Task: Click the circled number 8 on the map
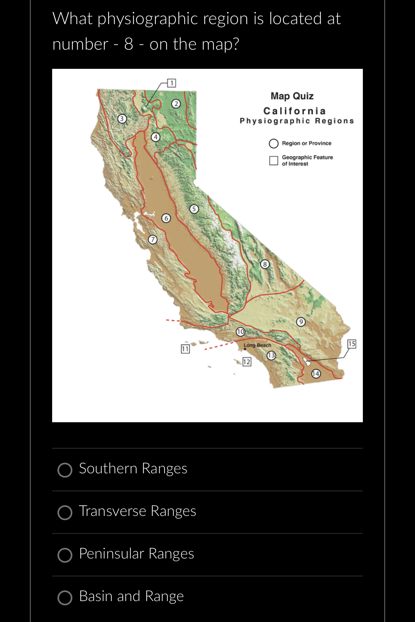(x=265, y=264)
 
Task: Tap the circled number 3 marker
(x=122, y=119)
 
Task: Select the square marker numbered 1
(x=171, y=83)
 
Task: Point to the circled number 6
(x=166, y=218)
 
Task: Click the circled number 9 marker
(x=301, y=322)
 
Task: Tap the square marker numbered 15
(x=352, y=343)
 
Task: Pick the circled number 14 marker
(x=316, y=374)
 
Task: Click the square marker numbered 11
(x=185, y=349)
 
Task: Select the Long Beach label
(x=258, y=345)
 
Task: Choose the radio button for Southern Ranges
(x=65, y=470)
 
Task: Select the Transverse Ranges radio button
(x=65, y=512)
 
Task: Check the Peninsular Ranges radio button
(x=65, y=555)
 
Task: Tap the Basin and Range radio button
(x=65, y=598)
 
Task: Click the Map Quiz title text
(x=292, y=96)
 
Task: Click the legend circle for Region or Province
(x=273, y=143)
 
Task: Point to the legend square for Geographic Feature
(x=273, y=160)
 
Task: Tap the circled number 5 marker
(x=194, y=209)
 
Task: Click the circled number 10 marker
(x=240, y=332)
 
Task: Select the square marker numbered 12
(x=247, y=362)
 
